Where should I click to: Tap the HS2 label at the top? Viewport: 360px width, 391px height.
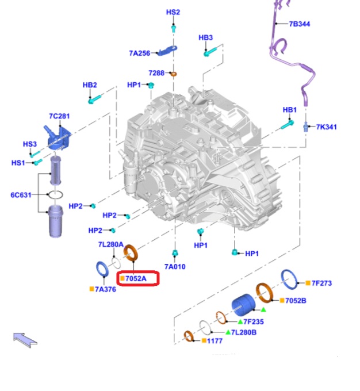(173, 12)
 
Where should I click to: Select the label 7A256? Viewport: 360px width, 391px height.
(139, 53)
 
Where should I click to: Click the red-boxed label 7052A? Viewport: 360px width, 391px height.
(136, 279)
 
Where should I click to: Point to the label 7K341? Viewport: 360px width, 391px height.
(326, 126)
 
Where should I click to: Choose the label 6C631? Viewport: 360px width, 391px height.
(21, 194)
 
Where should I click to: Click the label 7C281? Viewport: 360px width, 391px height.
(59, 116)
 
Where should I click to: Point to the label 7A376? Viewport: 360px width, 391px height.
(105, 289)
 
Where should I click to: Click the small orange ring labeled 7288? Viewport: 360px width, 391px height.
(174, 74)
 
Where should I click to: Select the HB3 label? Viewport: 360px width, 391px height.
(206, 38)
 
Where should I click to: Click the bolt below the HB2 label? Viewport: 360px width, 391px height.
(92, 100)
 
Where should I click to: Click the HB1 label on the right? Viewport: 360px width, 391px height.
(289, 110)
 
